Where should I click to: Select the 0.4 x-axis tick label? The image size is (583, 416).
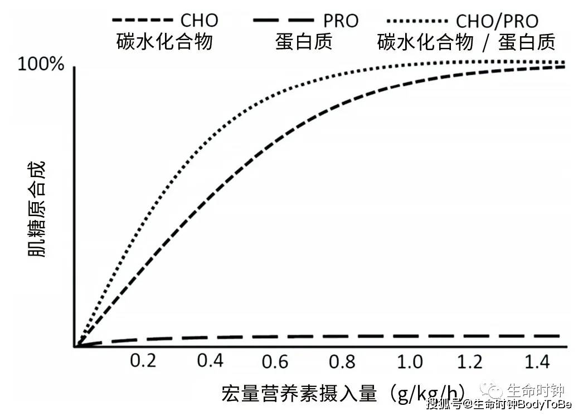pos(210,361)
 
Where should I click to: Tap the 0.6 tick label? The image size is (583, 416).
pos(276,361)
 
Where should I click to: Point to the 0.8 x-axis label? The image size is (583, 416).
pos(342,361)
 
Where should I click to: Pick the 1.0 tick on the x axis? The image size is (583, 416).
pos(410,361)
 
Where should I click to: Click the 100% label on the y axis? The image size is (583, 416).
pos(41,65)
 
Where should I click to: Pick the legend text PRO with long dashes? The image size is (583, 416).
pos(341,21)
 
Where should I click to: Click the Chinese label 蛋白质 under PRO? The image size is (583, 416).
pos(304,42)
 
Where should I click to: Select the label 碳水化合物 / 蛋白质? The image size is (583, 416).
pos(466,42)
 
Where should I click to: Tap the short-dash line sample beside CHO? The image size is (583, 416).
pos(143,21)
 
